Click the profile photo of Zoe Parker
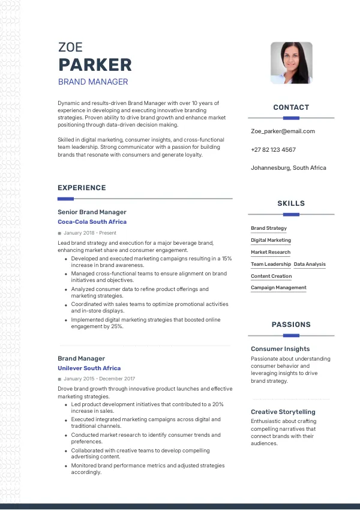click(x=291, y=62)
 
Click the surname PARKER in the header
click(x=95, y=65)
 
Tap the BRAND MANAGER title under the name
click(x=93, y=82)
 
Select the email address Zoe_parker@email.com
click(x=283, y=131)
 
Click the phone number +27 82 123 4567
click(x=273, y=149)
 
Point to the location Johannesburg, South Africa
click(x=289, y=168)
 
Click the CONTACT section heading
click(x=291, y=107)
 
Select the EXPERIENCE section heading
click(x=82, y=188)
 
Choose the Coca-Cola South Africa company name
click(x=92, y=222)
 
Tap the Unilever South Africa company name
click(x=89, y=368)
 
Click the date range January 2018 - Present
click(x=90, y=233)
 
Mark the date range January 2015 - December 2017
click(x=99, y=379)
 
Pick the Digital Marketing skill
click(x=271, y=240)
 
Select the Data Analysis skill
click(x=310, y=264)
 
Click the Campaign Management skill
click(x=278, y=288)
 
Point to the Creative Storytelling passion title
click(x=283, y=412)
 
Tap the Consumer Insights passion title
click(x=280, y=349)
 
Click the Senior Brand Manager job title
click(x=92, y=212)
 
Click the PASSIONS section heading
click(x=291, y=325)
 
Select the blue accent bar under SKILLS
click(x=291, y=214)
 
